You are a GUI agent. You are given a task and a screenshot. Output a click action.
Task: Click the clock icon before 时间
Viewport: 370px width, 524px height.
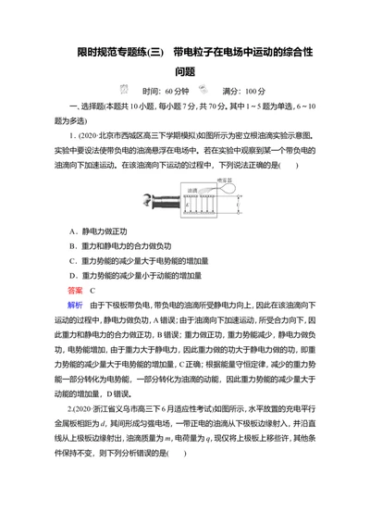[x=122, y=91]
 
